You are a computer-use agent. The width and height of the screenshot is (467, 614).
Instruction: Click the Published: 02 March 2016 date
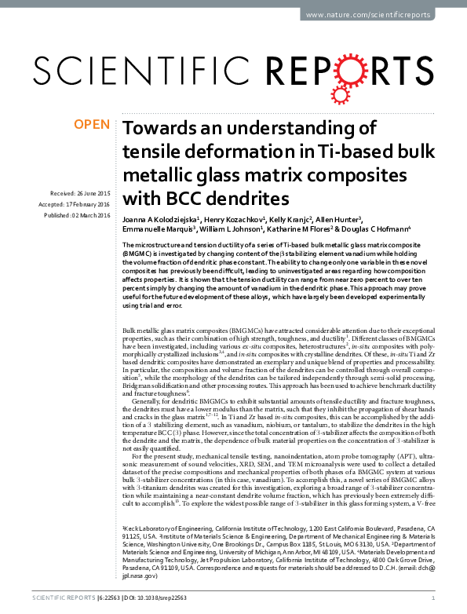77,215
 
